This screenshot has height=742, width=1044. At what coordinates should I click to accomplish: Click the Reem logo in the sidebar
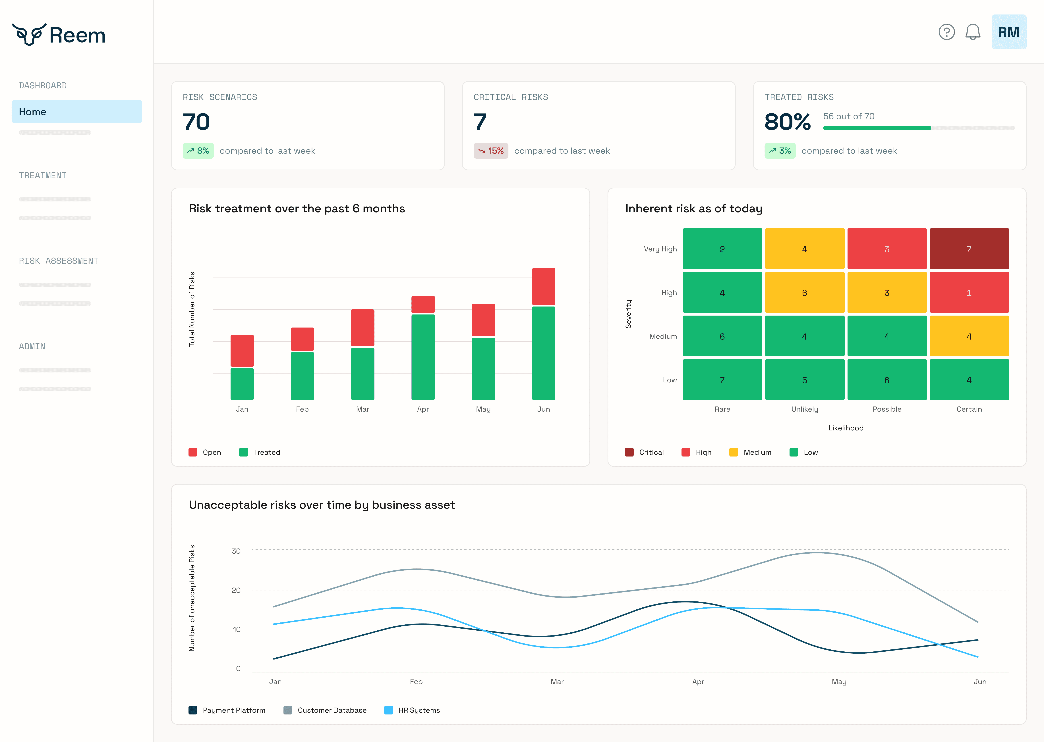(x=59, y=35)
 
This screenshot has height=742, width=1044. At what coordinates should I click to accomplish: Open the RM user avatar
(x=1008, y=32)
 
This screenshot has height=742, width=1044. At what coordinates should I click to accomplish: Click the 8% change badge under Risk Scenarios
(x=198, y=151)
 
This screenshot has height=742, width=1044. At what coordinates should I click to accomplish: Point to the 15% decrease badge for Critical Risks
(x=490, y=151)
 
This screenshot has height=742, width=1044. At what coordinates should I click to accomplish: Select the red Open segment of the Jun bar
(x=544, y=286)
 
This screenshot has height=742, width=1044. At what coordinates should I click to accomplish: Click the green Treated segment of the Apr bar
(x=423, y=357)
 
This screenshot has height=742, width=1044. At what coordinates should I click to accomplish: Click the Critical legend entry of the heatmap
(x=645, y=452)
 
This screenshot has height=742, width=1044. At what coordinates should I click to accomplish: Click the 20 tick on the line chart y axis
(x=236, y=590)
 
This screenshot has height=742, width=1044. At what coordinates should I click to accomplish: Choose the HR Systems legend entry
(x=412, y=710)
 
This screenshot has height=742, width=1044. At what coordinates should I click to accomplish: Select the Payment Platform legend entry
(x=227, y=710)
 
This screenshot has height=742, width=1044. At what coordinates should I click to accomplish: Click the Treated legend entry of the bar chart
(x=260, y=452)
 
